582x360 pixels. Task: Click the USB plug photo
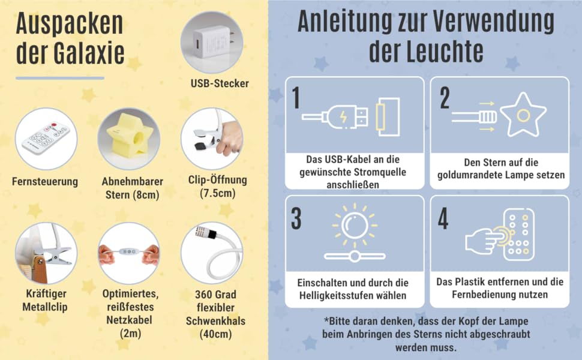point(212,43)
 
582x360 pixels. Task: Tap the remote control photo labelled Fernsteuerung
point(46,139)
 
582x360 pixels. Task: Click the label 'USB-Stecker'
point(220,83)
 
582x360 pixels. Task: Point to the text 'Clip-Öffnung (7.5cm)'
point(218,187)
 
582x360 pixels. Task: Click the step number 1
point(296,98)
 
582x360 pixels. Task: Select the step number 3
point(296,218)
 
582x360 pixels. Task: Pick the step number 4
point(443,218)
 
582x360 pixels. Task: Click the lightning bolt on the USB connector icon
point(344,116)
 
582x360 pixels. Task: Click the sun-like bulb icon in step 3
point(355,226)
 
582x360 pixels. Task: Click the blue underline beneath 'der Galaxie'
point(60,79)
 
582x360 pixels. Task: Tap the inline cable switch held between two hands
point(129,251)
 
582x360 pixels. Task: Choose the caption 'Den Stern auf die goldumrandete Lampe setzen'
point(501,169)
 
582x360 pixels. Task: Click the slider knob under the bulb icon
point(355,256)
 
